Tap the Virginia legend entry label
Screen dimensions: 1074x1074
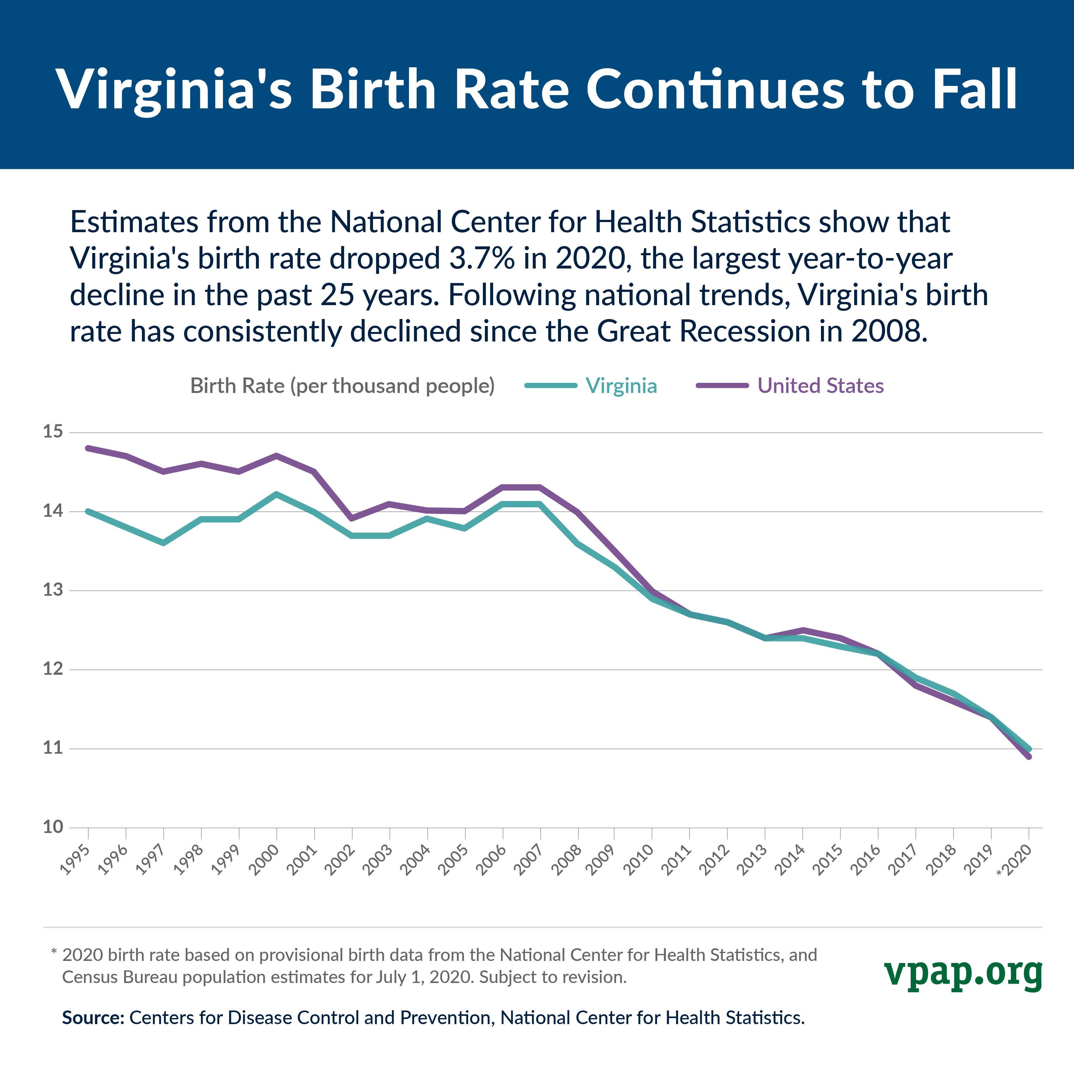(x=621, y=386)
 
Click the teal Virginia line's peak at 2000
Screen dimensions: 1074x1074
(x=277, y=494)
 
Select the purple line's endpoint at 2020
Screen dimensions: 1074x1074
(x=1029, y=756)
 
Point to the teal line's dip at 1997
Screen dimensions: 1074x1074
(x=163, y=543)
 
